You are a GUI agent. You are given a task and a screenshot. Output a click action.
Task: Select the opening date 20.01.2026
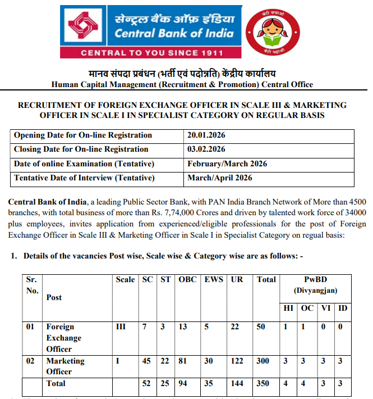click(206, 135)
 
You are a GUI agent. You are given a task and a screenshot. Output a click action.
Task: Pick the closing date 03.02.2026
click(206, 149)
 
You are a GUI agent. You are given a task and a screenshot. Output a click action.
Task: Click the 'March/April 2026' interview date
click(220, 178)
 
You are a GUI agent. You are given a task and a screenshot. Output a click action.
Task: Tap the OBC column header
click(187, 279)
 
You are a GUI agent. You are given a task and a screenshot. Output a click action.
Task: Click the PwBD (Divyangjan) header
click(312, 284)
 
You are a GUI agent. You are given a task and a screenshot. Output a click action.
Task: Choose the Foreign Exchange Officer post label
click(63, 338)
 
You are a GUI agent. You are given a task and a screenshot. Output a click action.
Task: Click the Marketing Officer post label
click(65, 366)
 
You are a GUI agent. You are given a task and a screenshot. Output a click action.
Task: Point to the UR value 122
click(238, 361)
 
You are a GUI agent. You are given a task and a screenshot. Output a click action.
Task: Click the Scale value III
click(121, 327)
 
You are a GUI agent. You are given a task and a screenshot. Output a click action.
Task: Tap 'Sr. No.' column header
click(32, 284)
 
